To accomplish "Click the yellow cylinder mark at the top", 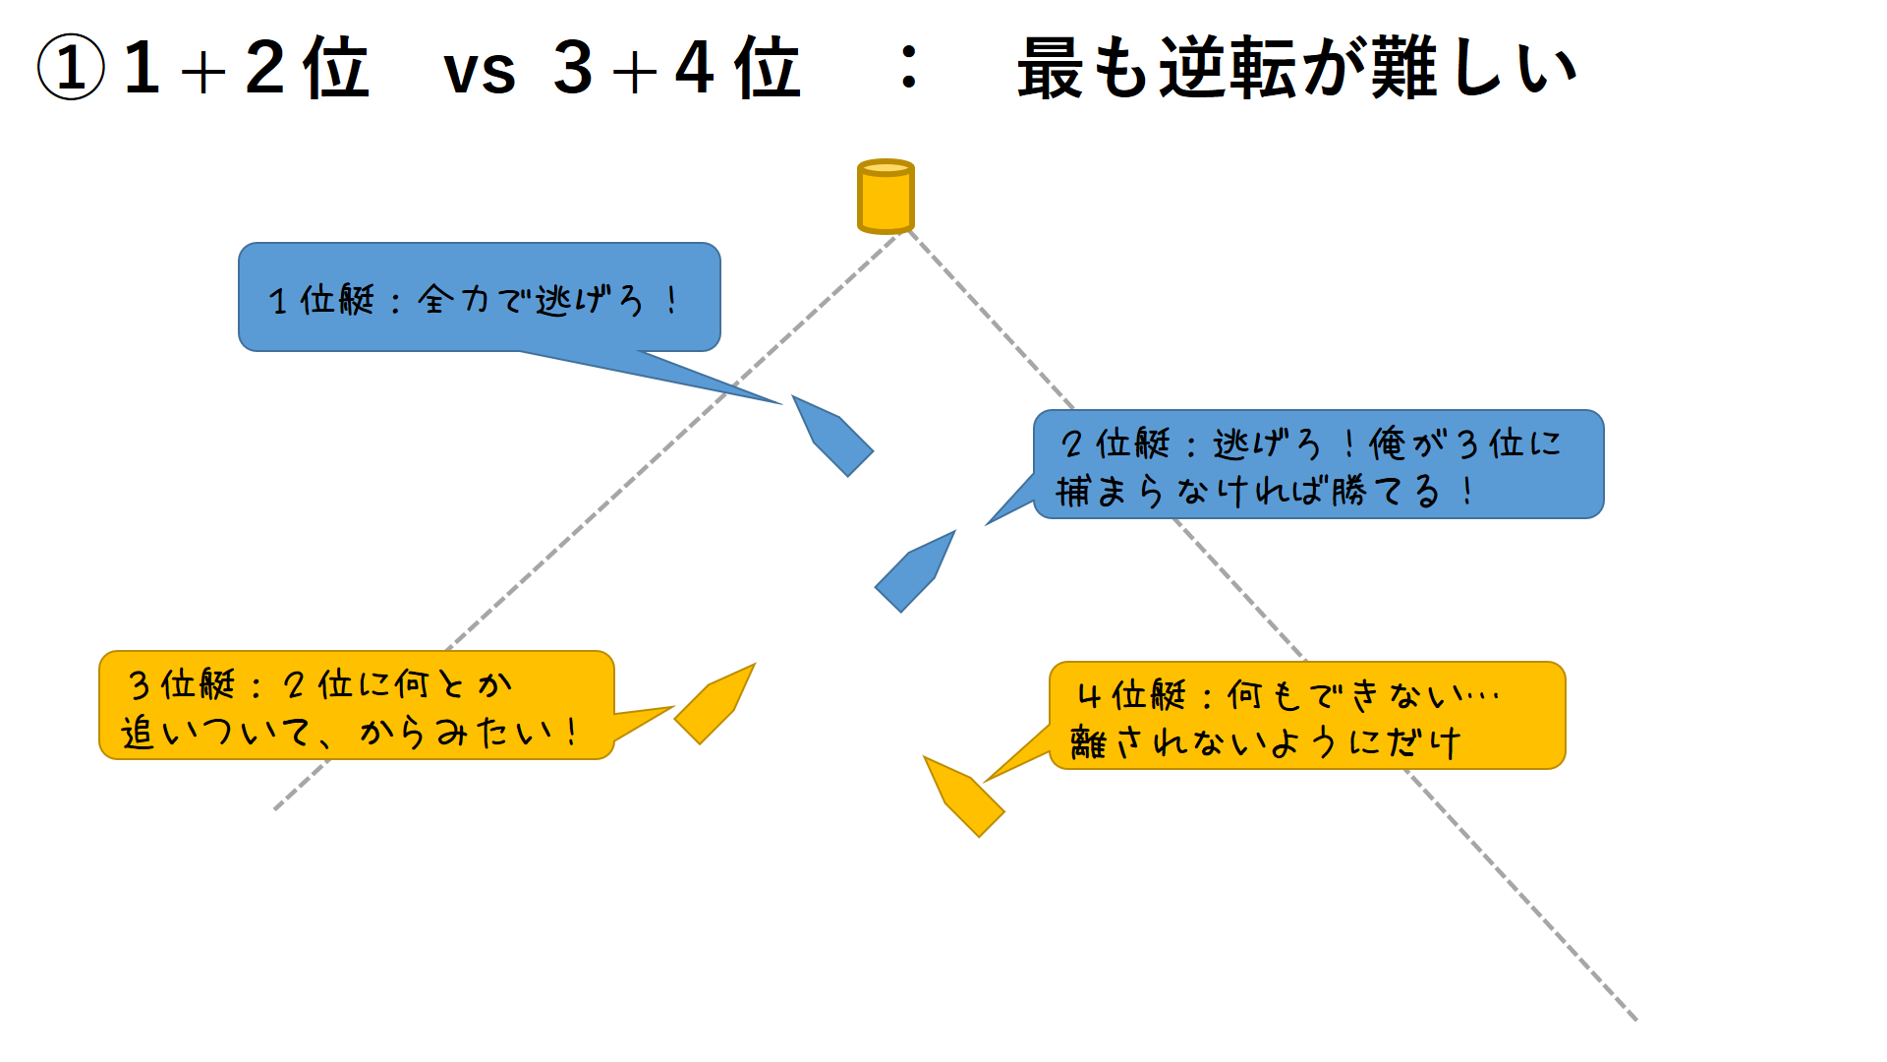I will tap(886, 197).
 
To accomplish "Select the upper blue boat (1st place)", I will tap(833, 437).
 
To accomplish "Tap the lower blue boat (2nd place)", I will tap(914, 573).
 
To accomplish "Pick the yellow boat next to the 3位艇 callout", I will tap(715, 704).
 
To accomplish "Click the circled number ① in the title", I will tap(71, 68).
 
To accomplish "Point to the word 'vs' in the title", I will tap(480, 71).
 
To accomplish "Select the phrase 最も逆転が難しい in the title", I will tap(1296, 68).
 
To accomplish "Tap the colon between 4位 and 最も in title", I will tap(910, 68).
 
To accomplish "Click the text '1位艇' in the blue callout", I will tap(322, 299).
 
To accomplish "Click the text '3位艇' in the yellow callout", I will tap(183, 683).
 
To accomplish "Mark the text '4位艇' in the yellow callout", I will tap(1132, 695).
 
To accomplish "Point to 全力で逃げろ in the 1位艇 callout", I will tap(531, 299).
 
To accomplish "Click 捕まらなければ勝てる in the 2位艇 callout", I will tap(1248, 490).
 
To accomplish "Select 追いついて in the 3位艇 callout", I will tap(216, 732).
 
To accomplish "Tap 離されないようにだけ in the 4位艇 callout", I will tap(1266, 742).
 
